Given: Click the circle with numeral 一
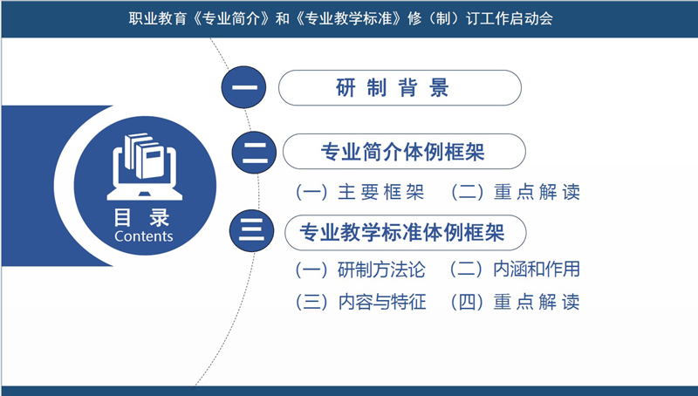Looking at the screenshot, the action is tap(244, 87).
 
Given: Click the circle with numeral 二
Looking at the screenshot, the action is tap(254, 153).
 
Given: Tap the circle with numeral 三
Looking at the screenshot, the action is tap(252, 230).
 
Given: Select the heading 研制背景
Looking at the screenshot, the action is tap(392, 87).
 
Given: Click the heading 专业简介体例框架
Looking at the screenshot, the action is tap(403, 152).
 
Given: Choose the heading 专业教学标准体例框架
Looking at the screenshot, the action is tap(402, 232).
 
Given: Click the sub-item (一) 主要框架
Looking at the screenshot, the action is tap(360, 192).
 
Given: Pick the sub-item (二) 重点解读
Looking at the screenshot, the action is tap(516, 192).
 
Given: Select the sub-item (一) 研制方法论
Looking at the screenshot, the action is tap(360, 270).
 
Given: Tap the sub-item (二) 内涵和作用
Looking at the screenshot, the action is tap(515, 270).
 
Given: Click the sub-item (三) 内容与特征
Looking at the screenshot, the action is tap(360, 302).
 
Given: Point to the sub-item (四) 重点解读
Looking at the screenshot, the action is tap(515, 302).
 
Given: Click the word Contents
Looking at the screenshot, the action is tap(143, 236).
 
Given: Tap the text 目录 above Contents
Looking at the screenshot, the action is tap(141, 217).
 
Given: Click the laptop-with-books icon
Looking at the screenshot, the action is tap(144, 167).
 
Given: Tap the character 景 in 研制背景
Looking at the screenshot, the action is tap(439, 87).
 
